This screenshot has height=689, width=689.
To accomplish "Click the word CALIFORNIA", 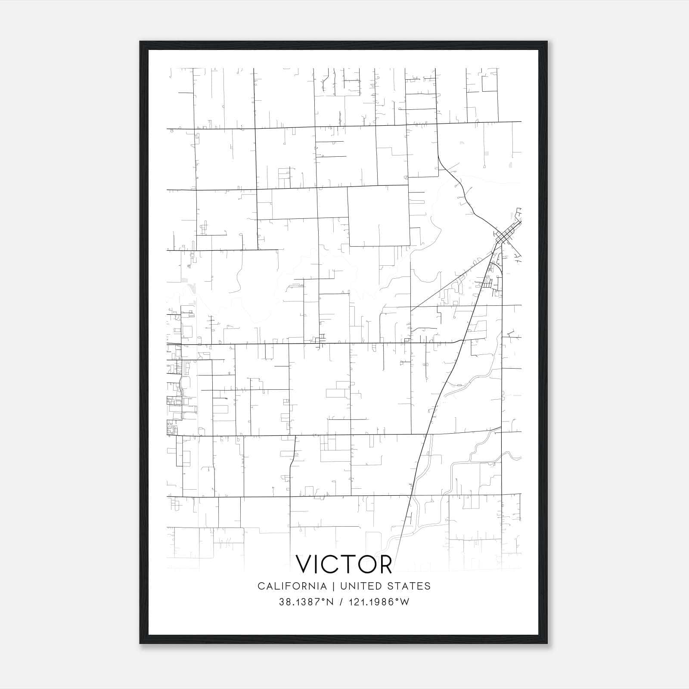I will pyautogui.click(x=292, y=586).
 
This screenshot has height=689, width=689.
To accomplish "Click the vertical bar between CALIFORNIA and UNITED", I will pyautogui.click(x=333, y=586).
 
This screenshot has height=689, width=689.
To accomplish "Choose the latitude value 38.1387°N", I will pyautogui.click(x=306, y=602).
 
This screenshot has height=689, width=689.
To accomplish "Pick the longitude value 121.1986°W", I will pyautogui.click(x=380, y=602).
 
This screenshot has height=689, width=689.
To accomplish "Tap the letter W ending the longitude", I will pyautogui.click(x=405, y=602).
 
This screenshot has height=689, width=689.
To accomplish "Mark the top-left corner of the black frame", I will pyautogui.click(x=140, y=42).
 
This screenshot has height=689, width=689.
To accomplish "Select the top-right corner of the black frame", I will pyautogui.click(x=546, y=42).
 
